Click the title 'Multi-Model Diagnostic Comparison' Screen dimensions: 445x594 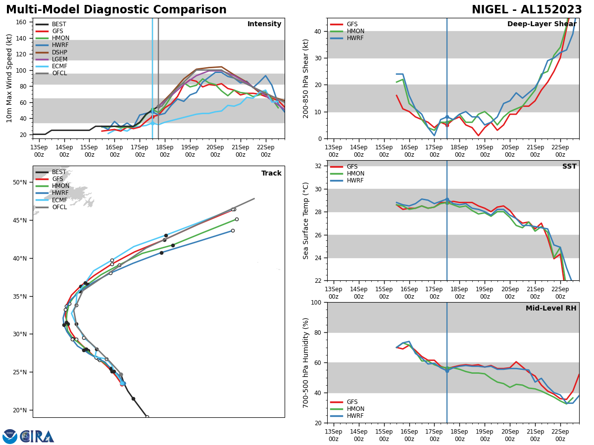pos(116,10)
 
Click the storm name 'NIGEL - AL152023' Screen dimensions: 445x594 pos(527,10)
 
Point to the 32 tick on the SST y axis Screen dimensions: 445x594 pos(319,166)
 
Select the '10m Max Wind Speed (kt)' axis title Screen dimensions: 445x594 pos(9,78)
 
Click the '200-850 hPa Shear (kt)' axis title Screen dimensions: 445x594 pos(306,78)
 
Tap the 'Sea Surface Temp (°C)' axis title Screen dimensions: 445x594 pos(306,221)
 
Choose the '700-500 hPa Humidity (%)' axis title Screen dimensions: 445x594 pos(306,362)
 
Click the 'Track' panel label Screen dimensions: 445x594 pos(271,174)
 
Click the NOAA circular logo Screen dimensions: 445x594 pos(10,437)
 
